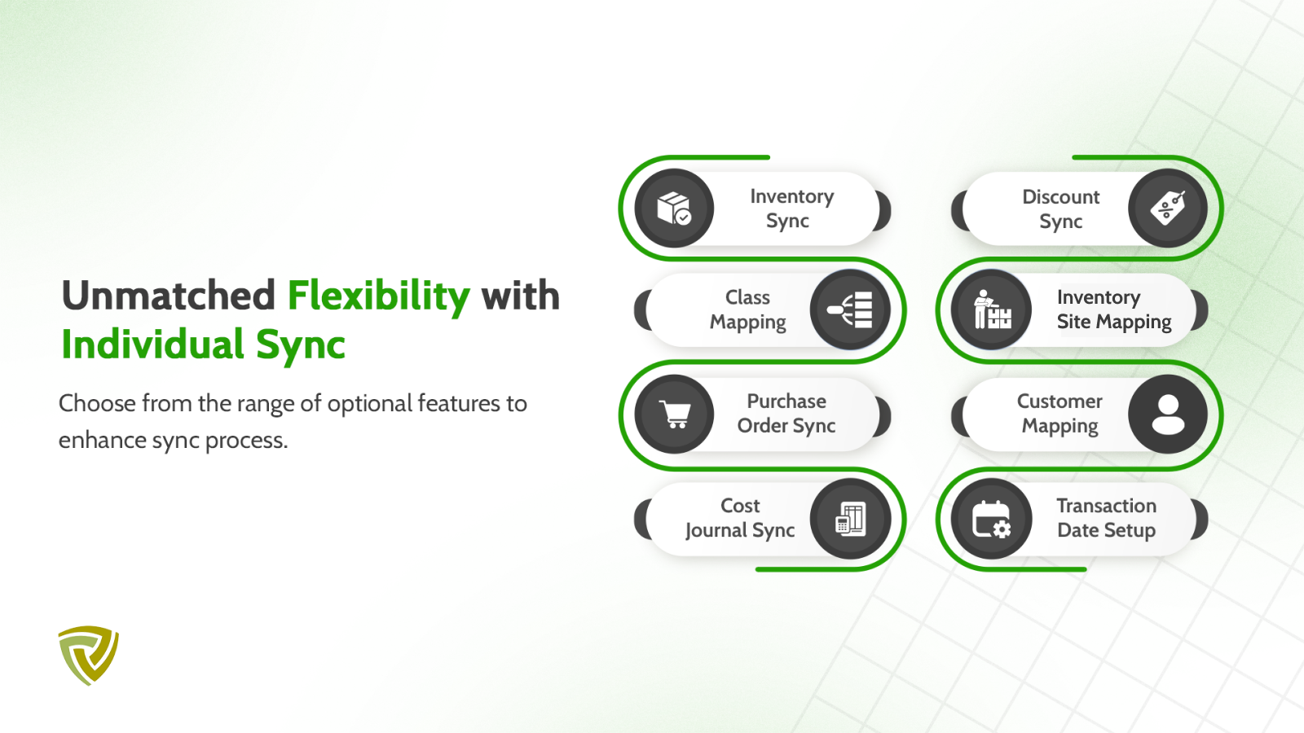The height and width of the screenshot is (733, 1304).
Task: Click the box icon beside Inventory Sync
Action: (x=673, y=208)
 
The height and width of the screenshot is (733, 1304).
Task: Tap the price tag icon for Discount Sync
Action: (x=1167, y=208)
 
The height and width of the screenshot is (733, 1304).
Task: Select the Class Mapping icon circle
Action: (x=850, y=310)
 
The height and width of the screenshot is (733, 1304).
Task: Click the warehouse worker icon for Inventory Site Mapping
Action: (x=991, y=309)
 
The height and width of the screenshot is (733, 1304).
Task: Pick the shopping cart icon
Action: (x=675, y=415)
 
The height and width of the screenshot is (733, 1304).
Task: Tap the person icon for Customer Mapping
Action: (x=1168, y=415)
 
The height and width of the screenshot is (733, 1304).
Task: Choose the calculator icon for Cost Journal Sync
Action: (x=851, y=518)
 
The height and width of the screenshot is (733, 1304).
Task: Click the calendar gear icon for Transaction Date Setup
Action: (x=991, y=519)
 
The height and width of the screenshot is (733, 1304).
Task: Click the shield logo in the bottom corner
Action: (x=89, y=656)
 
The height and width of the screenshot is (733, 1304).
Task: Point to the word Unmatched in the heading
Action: (x=168, y=296)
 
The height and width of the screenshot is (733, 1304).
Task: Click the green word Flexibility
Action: (x=379, y=297)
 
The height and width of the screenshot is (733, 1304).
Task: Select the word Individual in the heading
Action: (x=152, y=344)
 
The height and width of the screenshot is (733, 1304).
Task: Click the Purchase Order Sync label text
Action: (x=786, y=414)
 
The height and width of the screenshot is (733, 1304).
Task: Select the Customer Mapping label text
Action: (x=1060, y=414)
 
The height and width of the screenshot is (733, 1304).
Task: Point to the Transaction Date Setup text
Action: (x=1107, y=518)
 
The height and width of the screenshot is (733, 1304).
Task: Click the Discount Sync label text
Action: (x=1060, y=208)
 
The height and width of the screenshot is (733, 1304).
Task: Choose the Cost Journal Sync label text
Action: (x=740, y=518)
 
